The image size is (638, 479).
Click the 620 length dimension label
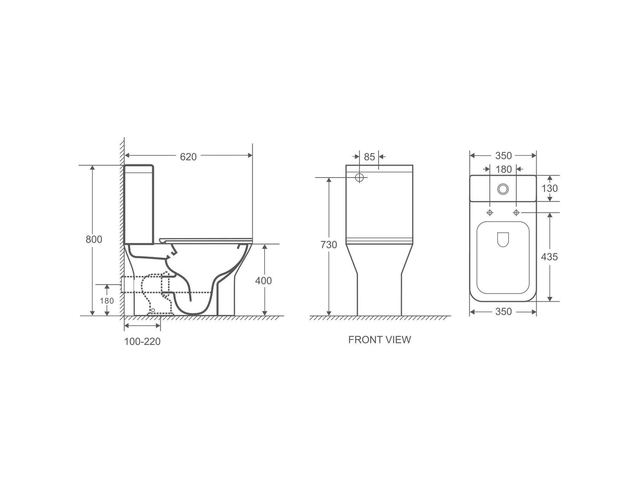[188, 157]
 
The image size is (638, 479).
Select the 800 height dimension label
[94, 239]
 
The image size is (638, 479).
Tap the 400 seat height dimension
[263, 281]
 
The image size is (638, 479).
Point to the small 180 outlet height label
[107, 301]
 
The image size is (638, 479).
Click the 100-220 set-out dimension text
[142, 341]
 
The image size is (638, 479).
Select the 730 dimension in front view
[329, 245]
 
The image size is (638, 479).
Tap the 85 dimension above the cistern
[370, 157]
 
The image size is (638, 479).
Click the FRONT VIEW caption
[379, 340]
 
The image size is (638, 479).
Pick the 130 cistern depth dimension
[549, 188]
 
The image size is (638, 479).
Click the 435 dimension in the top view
[549, 257]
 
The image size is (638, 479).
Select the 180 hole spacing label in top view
[504, 169]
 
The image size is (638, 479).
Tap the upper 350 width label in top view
[503, 156]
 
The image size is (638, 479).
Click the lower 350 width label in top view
[503, 312]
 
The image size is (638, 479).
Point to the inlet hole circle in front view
[360, 178]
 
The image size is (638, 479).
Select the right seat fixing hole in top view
[516, 212]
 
